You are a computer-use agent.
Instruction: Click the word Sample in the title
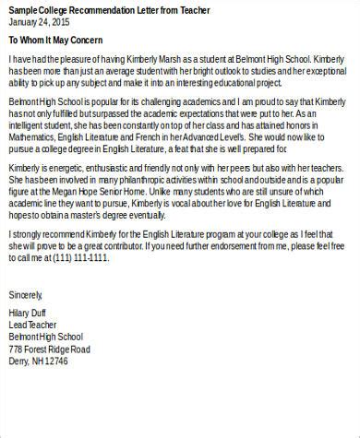23,9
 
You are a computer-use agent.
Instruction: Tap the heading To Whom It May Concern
55,41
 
